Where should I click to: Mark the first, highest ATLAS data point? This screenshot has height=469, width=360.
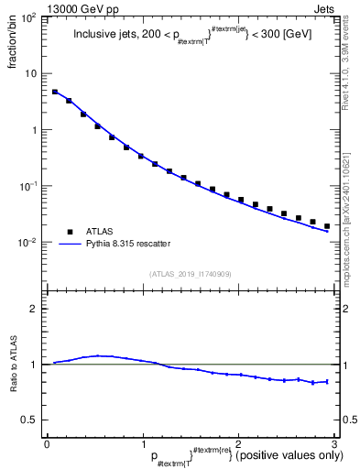[x=55, y=92]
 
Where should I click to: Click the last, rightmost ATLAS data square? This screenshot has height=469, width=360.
[x=326, y=226]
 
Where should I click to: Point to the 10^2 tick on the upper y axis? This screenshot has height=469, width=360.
[x=31, y=17]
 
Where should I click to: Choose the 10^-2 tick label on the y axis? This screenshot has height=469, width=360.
[x=31, y=243]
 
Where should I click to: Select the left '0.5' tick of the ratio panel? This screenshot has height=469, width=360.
[x=28, y=420]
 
